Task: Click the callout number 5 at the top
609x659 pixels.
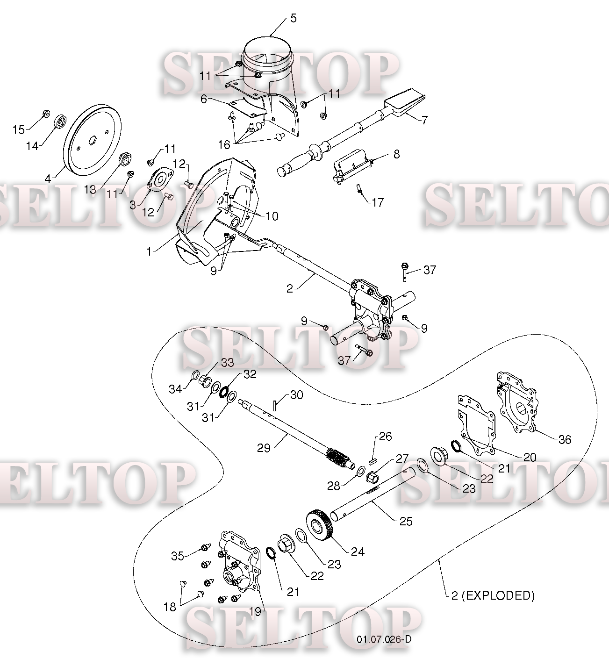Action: point(293,18)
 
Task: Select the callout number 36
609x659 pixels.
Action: point(565,439)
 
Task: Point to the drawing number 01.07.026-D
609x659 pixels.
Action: point(384,640)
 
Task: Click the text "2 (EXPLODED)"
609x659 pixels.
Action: point(493,595)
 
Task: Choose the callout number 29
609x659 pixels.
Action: point(264,448)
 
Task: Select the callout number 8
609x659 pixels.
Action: point(396,154)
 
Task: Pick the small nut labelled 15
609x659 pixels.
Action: point(46,114)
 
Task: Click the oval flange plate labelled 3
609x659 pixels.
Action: point(159,180)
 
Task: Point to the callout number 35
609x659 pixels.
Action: point(178,556)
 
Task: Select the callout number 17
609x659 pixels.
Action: point(378,202)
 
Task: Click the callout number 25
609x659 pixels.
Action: point(406,521)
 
